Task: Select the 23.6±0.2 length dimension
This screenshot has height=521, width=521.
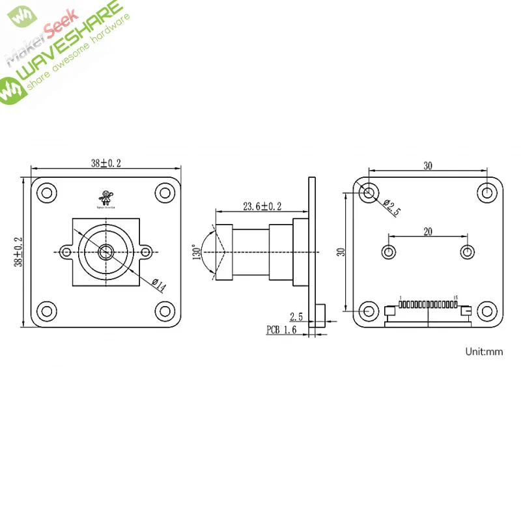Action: point(262,206)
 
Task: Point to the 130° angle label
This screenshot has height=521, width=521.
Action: point(196,252)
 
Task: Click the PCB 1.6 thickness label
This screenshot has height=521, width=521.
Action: point(281,330)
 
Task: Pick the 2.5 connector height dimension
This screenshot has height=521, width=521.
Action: point(296,317)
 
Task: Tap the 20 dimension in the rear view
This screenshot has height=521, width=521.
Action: point(428,231)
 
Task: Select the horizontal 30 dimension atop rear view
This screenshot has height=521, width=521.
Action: point(428,166)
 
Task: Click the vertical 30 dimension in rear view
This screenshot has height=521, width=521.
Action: point(340,251)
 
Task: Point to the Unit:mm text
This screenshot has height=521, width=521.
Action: point(484,352)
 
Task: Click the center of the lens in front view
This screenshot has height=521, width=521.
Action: point(106,251)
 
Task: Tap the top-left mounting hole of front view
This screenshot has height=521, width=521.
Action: point(47,193)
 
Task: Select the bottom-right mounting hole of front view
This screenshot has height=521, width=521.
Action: point(164,310)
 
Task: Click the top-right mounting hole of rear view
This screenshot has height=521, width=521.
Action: point(486,193)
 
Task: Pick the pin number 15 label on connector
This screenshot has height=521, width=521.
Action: point(455,298)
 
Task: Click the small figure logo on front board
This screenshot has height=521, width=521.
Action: point(105,197)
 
